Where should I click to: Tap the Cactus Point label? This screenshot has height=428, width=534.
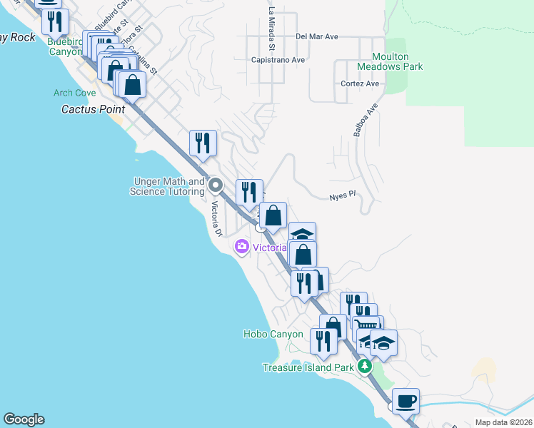click(93, 109)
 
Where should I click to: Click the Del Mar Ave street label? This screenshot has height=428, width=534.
click(316, 36)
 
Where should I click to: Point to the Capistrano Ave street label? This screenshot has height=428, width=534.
click(278, 60)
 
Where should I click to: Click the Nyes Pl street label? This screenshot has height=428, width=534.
click(342, 196)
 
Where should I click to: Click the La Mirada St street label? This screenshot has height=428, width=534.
click(271, 29)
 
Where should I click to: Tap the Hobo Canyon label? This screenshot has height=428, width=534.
click(273, 334)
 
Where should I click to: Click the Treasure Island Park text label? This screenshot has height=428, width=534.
click(308, 367)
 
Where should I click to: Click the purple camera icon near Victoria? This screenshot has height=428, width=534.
click(241, 247)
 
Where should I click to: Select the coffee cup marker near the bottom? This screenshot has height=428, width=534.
click(405, 401)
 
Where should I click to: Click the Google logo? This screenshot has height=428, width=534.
click(24, 419)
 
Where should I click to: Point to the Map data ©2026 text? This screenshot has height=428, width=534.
click(503, 422)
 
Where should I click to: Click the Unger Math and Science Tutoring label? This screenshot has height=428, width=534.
click(167, 187)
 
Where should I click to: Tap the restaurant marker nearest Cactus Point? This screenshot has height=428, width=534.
click(203, 143)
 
